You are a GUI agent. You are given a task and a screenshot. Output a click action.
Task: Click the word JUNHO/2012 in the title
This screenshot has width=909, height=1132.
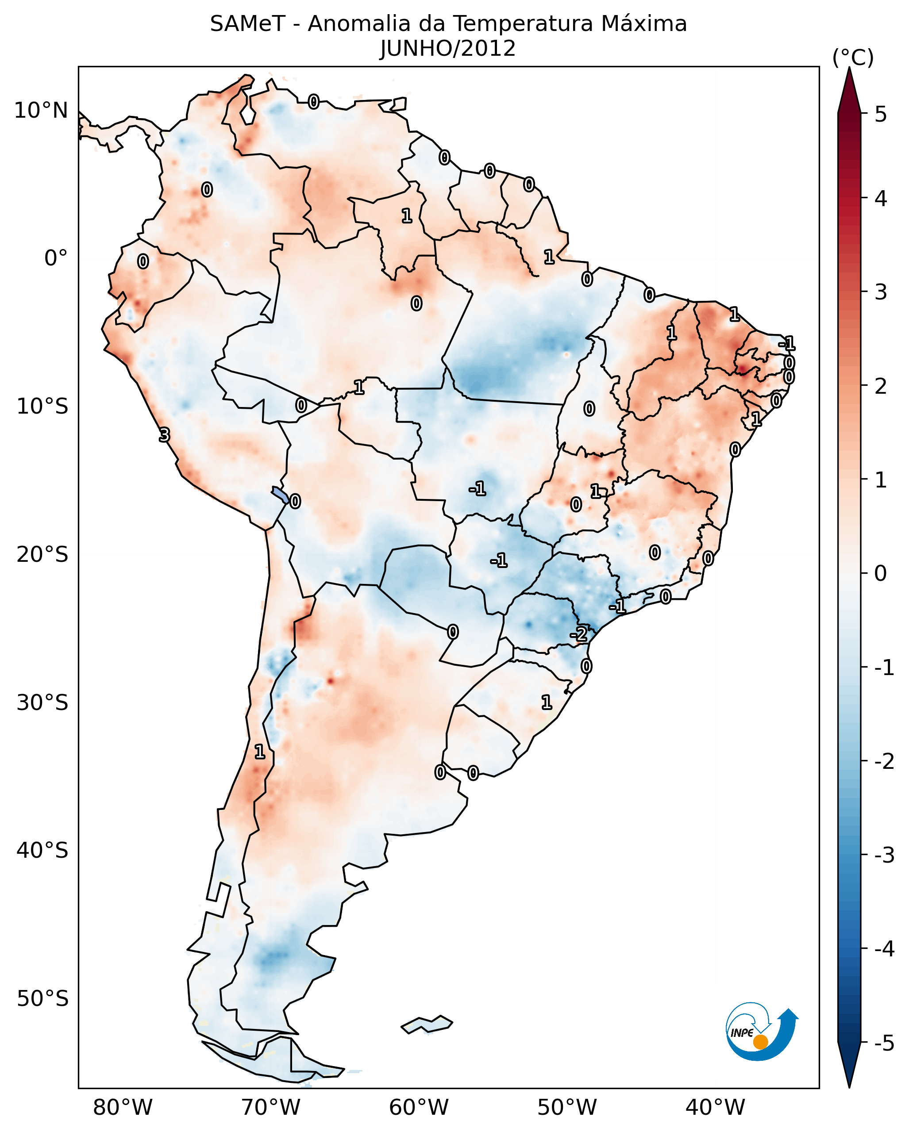click(447, 49)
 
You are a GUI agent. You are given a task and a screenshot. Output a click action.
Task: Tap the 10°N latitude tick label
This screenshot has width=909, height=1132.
click(41, 111)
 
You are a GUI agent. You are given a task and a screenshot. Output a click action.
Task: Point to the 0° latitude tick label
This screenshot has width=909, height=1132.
click(56, 258)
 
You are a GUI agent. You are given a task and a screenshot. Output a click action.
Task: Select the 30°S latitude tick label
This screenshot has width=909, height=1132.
click(42, 702)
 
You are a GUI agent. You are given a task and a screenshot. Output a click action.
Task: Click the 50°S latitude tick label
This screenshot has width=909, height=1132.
click(42, 999)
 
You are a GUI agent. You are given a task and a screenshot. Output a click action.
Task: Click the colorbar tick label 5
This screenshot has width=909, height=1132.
click(881, 114)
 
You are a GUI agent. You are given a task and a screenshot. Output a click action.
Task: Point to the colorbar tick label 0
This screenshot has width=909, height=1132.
click(881, 573)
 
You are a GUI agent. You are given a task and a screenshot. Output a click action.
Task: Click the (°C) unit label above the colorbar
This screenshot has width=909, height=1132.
click(853, 58)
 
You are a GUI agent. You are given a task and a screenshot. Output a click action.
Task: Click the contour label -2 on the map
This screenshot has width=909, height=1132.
click(579, 634)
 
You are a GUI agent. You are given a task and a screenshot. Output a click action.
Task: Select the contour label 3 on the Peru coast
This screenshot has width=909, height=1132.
click(164, 435)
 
